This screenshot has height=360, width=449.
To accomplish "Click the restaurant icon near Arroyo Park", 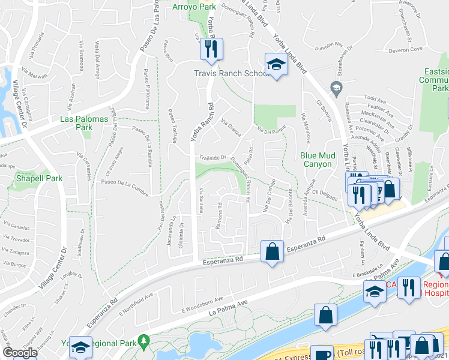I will (211, 49).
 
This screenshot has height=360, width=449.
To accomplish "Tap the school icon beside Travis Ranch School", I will (276, 65).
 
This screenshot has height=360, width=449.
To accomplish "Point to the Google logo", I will (20, 353).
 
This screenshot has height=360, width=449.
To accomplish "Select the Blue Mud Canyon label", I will (316, 159).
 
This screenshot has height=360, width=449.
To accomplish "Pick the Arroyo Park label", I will (193, 7).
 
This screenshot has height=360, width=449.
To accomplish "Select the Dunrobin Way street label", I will (330, 45).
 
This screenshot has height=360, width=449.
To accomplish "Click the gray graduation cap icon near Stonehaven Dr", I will (336, 89).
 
